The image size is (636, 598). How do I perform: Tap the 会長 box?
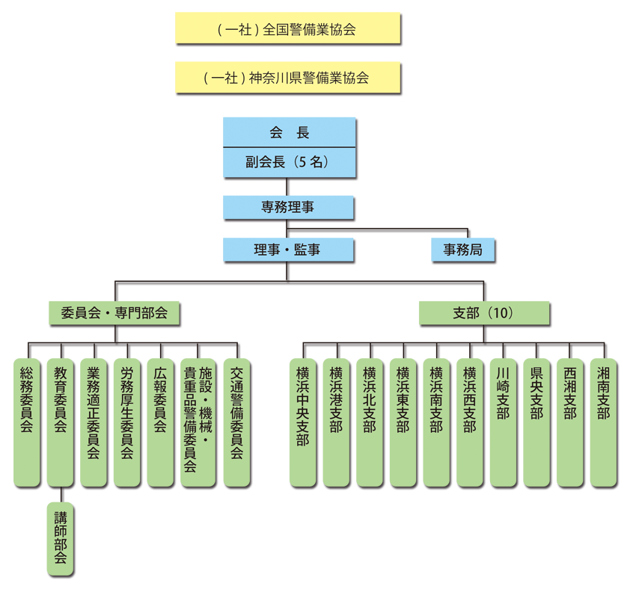click(289, 133)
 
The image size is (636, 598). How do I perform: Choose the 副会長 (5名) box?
click(289, 161)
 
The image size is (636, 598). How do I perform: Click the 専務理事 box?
click(289, 207)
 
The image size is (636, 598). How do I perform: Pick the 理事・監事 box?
click(289, 250)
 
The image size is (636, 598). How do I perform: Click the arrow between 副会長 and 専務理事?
click(283, 187)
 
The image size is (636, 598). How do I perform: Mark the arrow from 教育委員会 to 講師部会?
click(61, 496)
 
